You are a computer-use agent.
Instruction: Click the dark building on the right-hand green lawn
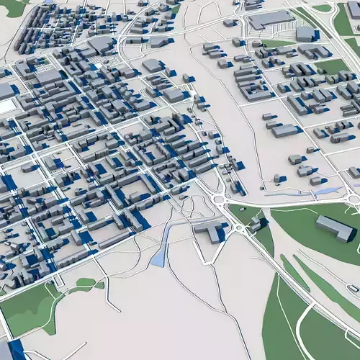[x=335, y=228]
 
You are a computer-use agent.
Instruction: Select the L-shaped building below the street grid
[x=210, y=231]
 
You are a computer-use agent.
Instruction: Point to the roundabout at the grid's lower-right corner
[x=219, y=199]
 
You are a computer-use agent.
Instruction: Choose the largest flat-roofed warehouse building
[x=271, y=19]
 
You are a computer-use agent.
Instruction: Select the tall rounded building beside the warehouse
[x=305, y=33]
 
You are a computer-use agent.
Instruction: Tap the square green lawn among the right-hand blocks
[x=331, y=67]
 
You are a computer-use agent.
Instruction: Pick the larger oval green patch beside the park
[x=86, y=282]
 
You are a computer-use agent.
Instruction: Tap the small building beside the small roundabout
[x=254, y=225]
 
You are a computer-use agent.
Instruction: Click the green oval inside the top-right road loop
[x=322, y=8]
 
